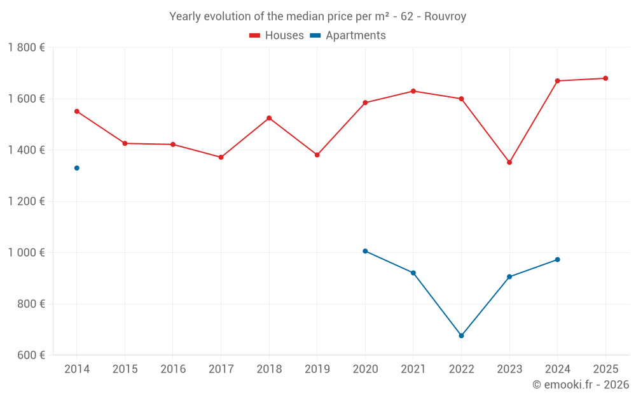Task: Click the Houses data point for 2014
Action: [x=77, y=111]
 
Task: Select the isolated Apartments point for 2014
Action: [x=77, y=168]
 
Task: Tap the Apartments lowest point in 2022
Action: [x=462, y=336]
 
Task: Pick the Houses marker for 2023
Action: [x=509, y=162]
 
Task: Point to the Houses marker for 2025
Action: [x=605, y=78]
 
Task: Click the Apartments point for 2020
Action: [x=365, y=251]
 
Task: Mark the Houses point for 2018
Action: [x=269, y=118]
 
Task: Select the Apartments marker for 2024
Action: [x=558, y=260]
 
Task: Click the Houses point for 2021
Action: [x=413, y=91]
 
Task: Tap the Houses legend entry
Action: [x=277, y=36]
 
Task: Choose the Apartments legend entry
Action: [x=348, y=36]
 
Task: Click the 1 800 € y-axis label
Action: [x=26, y=48]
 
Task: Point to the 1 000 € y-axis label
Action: [x=26, y=253]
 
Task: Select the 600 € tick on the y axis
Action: [x=30, y=355]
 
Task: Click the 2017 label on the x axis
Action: [x=221, y=369]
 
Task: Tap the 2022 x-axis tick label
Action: [x=461, y=369]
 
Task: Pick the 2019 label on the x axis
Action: [x=317, y=369]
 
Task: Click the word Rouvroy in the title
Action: [x=445, y=17]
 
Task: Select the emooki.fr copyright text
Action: [x=580, y=385]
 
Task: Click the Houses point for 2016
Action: [x=173, y=145]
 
